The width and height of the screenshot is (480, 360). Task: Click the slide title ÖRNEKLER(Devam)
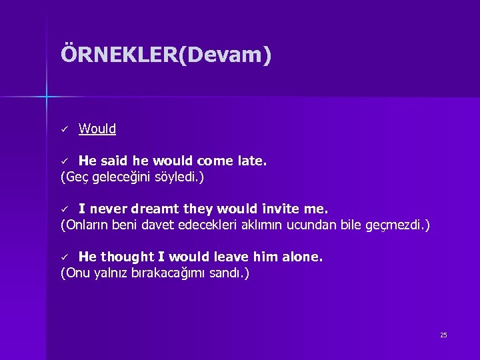point(166,55)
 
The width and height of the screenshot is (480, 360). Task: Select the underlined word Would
point(97,129)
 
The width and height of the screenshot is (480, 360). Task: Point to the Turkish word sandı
point(230,273)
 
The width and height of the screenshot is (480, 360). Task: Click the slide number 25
point(443,335)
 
